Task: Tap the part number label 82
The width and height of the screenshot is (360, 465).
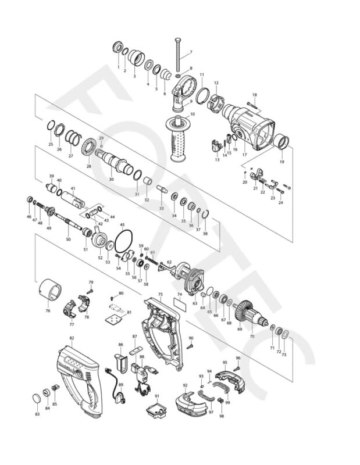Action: (72, 338)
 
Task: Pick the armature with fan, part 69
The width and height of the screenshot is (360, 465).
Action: (252, 318)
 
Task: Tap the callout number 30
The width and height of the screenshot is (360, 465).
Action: (112, 180)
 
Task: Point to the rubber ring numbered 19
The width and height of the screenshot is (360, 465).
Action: (283, 142)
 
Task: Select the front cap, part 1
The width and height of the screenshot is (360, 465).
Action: (118, 48)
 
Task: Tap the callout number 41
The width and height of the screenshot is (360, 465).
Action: (73, 188)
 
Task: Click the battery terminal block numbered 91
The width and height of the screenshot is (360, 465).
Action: (156, 409)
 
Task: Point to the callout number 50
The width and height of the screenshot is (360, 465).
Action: (68, 239)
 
